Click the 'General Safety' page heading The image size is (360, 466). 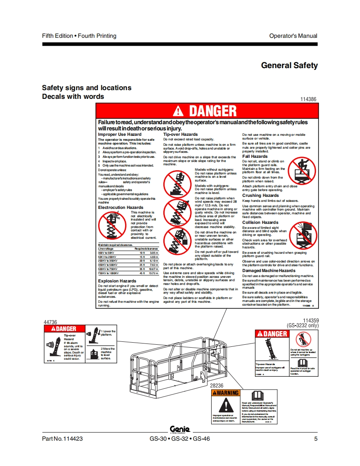click(289, 65)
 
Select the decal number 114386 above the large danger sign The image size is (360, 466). click(308, 99)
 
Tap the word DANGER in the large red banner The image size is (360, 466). click(213, 111)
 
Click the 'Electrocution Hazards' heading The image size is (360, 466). click(121, 207)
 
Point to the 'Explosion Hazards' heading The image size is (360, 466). click(117, 281)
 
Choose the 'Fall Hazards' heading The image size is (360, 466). click(255, 157)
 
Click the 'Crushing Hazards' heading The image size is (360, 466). click(261, 196)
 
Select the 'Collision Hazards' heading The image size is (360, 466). click(260, 223)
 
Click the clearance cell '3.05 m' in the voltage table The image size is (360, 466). click(154, 253)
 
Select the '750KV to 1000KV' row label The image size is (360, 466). click(108, 273)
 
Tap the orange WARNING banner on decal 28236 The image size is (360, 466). click(225, 393)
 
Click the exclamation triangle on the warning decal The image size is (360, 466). click(225, 405)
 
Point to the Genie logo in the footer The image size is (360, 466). click(180, 429)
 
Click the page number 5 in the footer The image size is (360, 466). click(316, 439)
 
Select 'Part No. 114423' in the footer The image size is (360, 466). click(62, 439)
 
